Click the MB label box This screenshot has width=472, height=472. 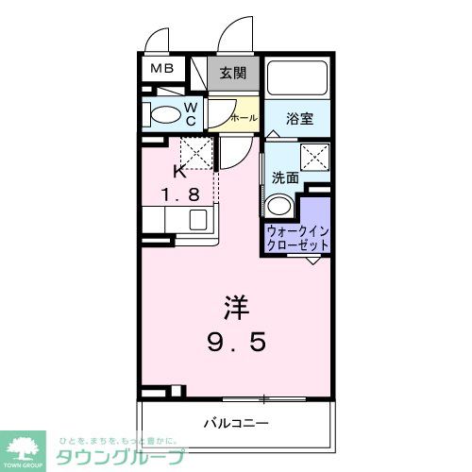pos(158,70)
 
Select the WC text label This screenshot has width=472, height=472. pos(191,114)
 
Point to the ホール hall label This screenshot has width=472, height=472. pos(242,119)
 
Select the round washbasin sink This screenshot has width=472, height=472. pos(279,207)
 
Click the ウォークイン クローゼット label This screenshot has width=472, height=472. pos(298,237)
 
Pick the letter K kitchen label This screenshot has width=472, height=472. pos(179,173)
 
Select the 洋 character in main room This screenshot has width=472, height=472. pos(236,307)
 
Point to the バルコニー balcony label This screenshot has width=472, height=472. pos(237,422)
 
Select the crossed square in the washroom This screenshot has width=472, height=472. pos(314,157)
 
